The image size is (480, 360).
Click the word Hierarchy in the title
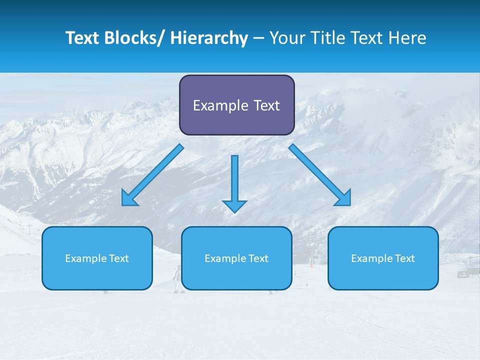[209, 38]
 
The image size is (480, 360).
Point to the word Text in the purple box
[265, 105]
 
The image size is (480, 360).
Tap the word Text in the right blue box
[404, 258]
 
